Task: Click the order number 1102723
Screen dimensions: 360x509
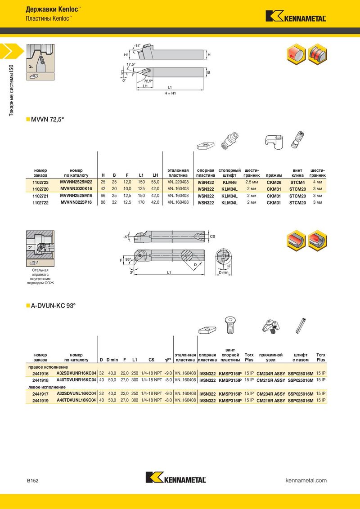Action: point(40,183)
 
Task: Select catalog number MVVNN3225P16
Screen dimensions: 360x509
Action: point(76,202)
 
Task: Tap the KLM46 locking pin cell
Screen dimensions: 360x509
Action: point(229,183)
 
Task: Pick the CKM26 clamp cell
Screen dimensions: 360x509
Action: point(274,183)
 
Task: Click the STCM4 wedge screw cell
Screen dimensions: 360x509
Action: point(297,183)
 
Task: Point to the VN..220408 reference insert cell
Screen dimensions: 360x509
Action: point(178,183)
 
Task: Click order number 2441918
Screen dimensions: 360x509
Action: point(40,380)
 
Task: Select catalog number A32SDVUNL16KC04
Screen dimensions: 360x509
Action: point(76,393)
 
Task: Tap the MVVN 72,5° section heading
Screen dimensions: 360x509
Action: point(47,120)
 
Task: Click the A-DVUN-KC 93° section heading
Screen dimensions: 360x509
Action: point(53,306)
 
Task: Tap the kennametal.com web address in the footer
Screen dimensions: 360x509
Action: point(306,480)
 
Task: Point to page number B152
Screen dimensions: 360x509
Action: point(32,481)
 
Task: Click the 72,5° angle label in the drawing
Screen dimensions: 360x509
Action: point(148,81)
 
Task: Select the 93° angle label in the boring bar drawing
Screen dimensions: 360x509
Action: point(128,259)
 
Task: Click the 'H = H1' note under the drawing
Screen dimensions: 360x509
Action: point(170,93)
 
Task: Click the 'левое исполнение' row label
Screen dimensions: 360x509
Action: point(47,387)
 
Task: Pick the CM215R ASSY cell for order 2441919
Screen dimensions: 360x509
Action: point(271,401)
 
